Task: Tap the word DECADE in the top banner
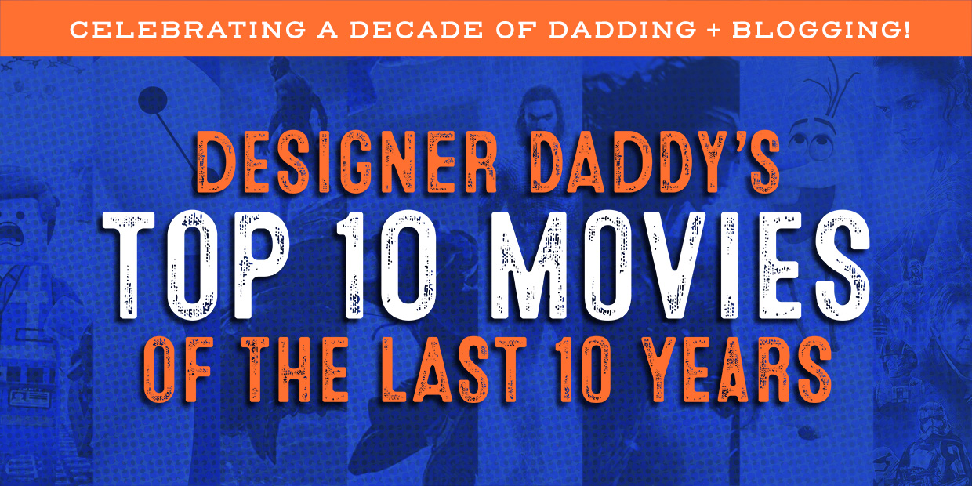416,30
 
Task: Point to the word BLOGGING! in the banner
821,30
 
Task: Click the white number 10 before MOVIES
386,266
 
